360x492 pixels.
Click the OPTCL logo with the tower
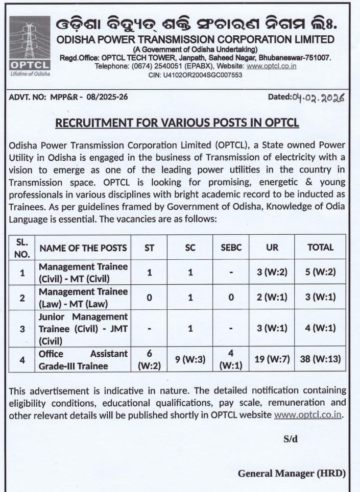tap(30, 46)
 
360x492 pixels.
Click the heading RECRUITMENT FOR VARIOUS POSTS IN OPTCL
tap(177, 123)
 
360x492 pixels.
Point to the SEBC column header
tap(231, 248)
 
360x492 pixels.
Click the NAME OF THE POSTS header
tap(83, 248)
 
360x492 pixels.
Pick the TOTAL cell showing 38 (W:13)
tap(320, 359)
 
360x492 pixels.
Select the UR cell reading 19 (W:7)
tap(272, 359)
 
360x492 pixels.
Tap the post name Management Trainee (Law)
tap(83, 298)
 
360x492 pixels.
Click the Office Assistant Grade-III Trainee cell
tap(83, 359)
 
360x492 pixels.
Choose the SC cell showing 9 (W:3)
tap(190, 359)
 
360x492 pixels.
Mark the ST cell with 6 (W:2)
tap(149, 359)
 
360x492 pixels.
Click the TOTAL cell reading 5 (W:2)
tap(320, 273)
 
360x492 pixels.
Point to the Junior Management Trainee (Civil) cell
tap(83, 329)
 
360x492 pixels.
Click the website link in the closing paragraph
tap(308, 415)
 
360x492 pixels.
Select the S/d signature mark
tap(291, 439)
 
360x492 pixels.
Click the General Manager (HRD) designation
tap(292, 474)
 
